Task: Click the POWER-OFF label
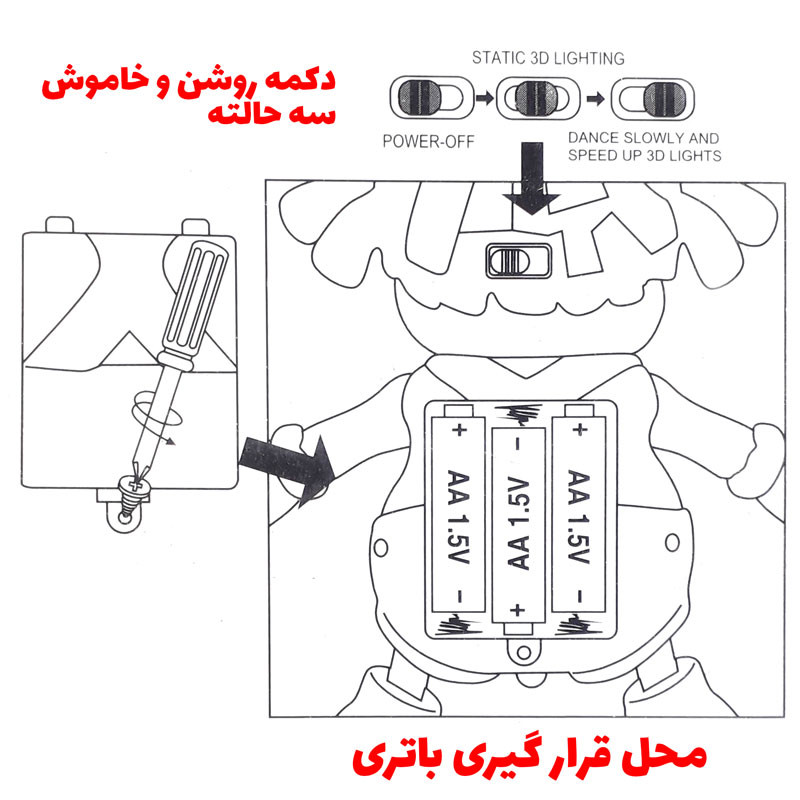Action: pos(428,141)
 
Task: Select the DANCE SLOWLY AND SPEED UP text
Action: pos(644,147)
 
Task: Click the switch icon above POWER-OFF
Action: pos(426,100)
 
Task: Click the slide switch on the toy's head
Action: pos(517,262)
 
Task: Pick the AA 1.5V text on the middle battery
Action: pos(518,524)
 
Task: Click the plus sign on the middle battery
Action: pos(518,608)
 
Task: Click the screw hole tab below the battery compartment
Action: pos(518,650)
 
